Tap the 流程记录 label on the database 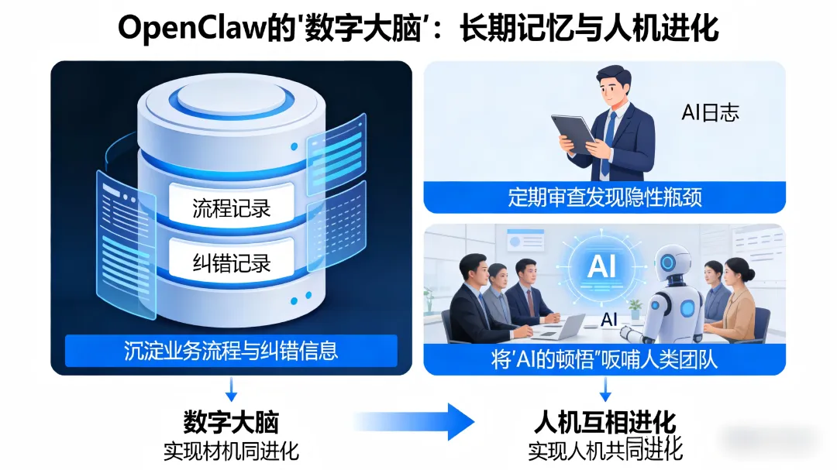tap(232, 208)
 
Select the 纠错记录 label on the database tap(232, 262)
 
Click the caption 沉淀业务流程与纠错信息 tap(231, 350)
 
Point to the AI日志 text tap(710, 113)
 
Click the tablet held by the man tap(573, 132)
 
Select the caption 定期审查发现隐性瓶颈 tap(604, 197)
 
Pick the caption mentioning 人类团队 tap(604, 360)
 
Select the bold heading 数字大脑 tap(231, 422)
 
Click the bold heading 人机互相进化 tap(605, 423)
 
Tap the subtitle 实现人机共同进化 tap(605, 449)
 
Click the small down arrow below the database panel tap(231, 387)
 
